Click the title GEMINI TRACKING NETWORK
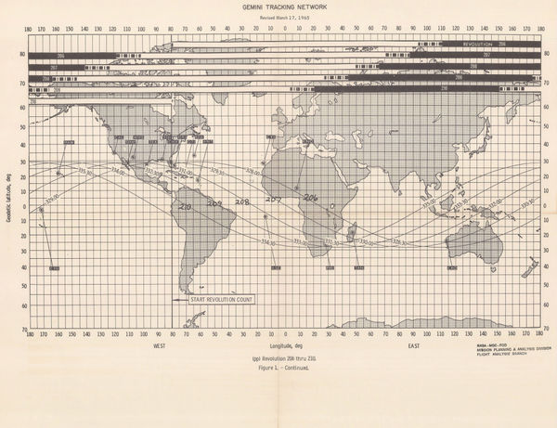coord(278,6)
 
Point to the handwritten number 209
coord(214,203)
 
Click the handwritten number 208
coord(242,201)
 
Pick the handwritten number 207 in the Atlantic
coord(274,199)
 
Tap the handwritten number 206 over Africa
coord(310,196)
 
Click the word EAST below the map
coord(413,346)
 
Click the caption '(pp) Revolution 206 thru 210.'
coord(283,357)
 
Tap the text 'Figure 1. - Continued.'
coord(283,368)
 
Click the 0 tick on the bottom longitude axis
coord(285,332)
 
